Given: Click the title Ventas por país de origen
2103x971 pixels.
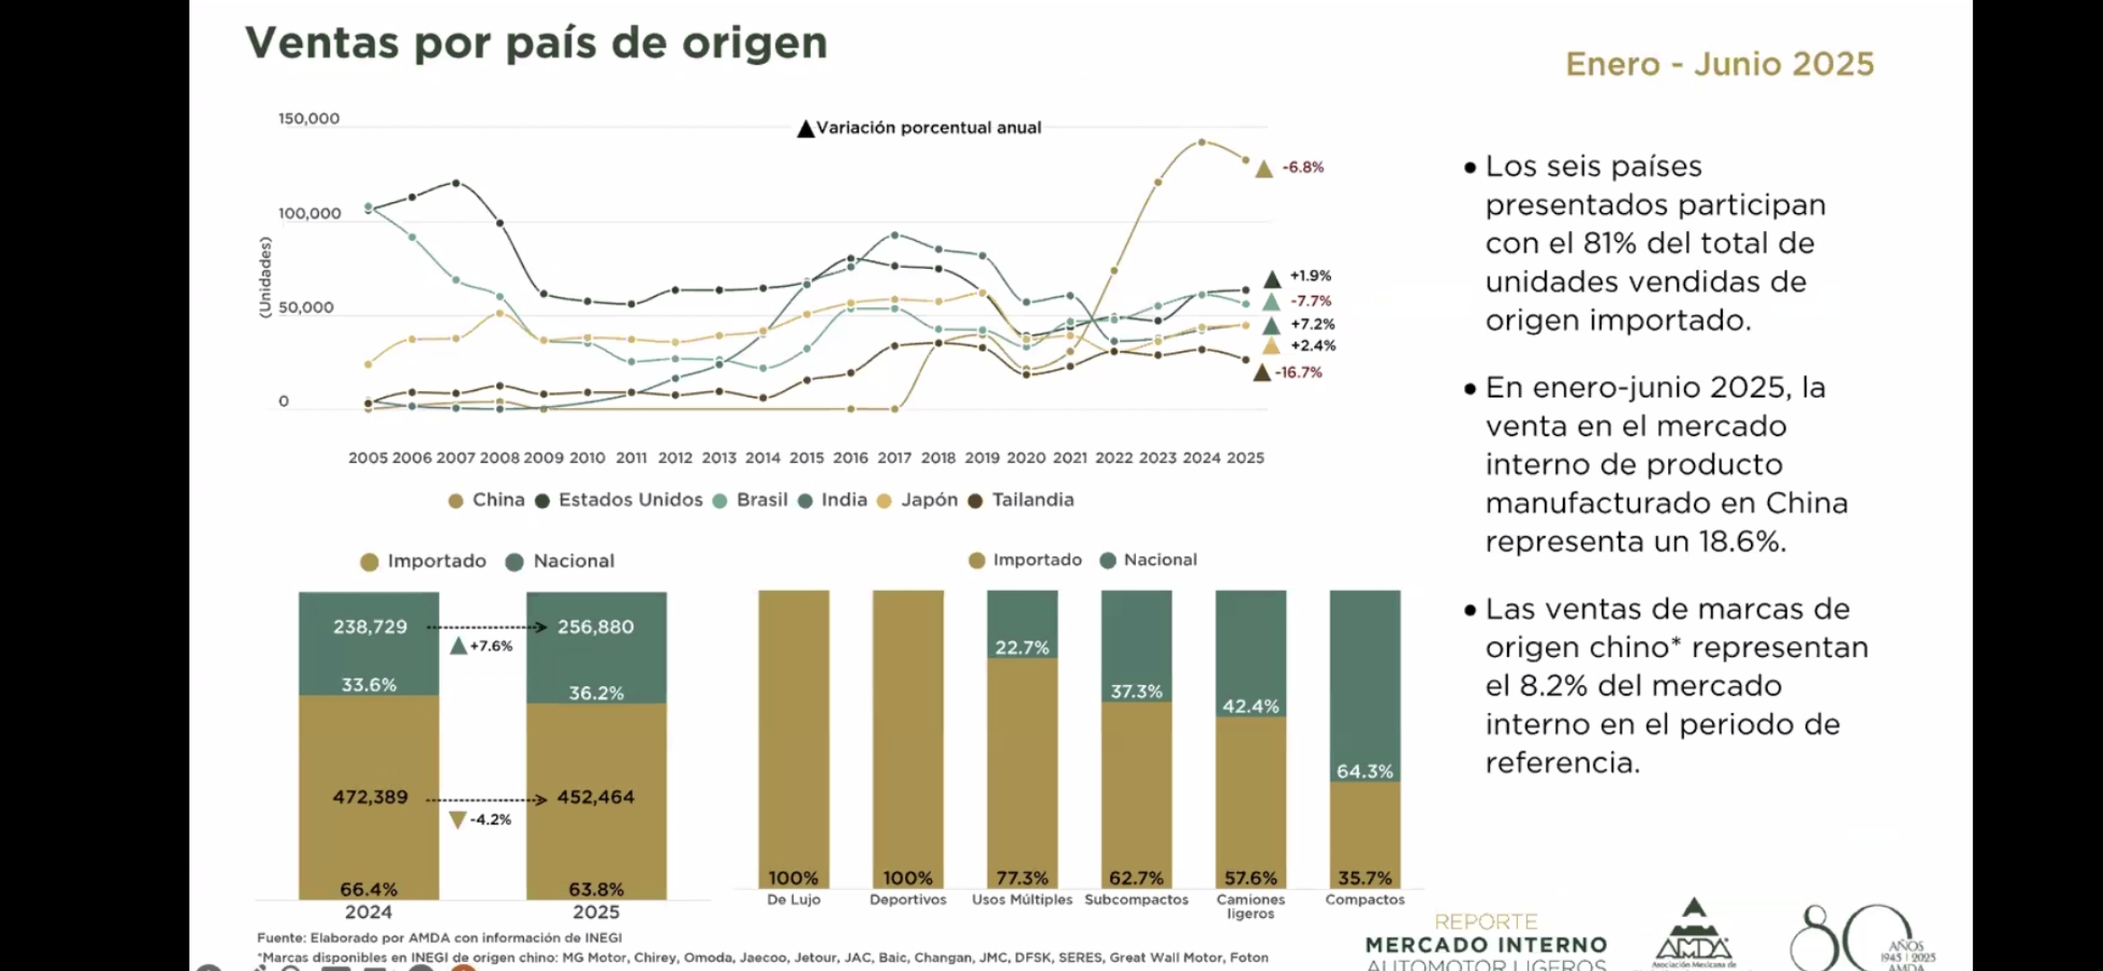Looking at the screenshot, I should [536, 43].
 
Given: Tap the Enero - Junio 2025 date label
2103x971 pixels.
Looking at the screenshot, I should [1719, 65].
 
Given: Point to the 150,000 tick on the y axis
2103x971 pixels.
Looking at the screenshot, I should [308, 119].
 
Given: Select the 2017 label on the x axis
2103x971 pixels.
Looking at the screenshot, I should [894, 458].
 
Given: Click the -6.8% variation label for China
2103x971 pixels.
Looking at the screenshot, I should [1302, 167].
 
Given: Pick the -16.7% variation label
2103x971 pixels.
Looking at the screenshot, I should [1299, 372].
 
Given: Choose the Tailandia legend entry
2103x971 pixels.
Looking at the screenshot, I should [1032, 500].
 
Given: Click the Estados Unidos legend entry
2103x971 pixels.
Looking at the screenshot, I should [629, 500].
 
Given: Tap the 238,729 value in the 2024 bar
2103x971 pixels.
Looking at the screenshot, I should [370, 627].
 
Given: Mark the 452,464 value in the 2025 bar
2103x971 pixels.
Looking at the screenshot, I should [595, 797].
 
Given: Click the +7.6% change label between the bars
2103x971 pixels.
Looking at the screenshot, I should [491, 646].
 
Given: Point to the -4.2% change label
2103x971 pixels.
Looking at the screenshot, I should [490, 819].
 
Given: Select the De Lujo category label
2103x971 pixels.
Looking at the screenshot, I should [794, 899].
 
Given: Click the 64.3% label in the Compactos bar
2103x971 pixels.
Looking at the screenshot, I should [1364, 771].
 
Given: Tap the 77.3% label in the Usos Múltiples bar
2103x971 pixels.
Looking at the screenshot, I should [1022, 877].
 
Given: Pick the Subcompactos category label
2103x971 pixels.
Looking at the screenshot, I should [1136, 899].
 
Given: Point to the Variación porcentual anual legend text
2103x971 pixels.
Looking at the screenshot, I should [928, 128].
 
